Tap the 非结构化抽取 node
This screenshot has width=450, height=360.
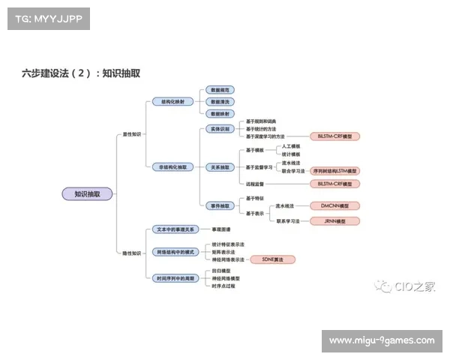pos(172,166)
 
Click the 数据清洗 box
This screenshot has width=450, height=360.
pos(220,101)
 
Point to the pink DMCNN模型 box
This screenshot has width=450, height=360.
pos(334,205)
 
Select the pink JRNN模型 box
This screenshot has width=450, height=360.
pos(334,221)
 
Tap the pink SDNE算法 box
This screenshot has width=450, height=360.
pos(272,259)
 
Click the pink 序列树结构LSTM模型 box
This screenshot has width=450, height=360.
pos(335,170)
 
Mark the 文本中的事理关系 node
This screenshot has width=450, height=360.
pos(173,229)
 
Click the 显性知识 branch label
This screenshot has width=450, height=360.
pos(131,134)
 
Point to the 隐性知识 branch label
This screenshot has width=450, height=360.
pos(131,253)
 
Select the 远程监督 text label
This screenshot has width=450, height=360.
pos(256,184)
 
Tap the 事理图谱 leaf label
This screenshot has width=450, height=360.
pos(220,229)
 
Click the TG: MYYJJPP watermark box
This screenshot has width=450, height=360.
pos(48,18)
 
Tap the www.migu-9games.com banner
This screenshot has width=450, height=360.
pos(381,341)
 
